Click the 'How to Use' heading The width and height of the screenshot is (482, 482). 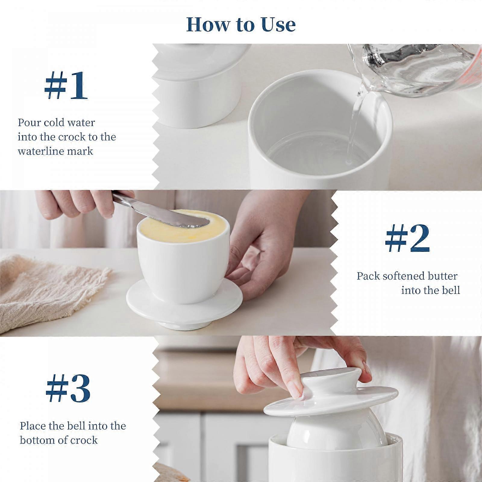241,24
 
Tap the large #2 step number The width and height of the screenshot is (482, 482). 407,239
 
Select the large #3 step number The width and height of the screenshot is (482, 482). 68,389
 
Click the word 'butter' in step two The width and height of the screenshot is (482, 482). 444,276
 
